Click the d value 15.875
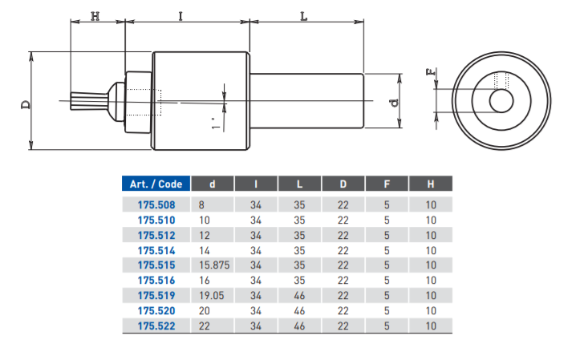coord(214,265)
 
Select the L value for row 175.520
coord(299,310)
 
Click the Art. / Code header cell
coord(156,184)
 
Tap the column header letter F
coord(387,184)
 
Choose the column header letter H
coord(431,184)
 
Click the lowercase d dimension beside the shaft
coord(393,103)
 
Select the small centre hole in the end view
coord(502,102)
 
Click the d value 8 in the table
coord(201,204)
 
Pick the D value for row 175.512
coord(343,235)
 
